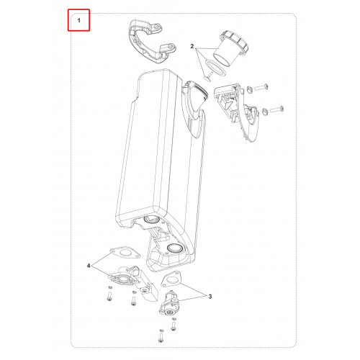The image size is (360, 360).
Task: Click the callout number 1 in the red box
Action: pyautogui.click(x=79, y=21)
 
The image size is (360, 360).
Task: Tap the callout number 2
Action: pyautogui.click(x=192, y=46)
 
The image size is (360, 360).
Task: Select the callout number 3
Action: pyautogui.click(x=210, y=297)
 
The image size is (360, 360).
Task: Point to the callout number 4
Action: pyautogui.click(x=89, y=266)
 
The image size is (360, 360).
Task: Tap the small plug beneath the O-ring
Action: pyautogui.click(x=208, y=77)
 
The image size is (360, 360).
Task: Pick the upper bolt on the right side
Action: pyautogui.click(x=261, y=87)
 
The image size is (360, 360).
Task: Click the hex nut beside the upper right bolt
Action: pyautogui.click(x=249, y=90)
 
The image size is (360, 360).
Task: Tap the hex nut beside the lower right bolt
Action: pyautogui.click(x=265, y=111)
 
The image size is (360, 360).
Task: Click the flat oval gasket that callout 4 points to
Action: pyautogui.click(x=125, y=253)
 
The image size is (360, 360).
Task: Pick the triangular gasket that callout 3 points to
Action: pyautogui.click(x=171, y=279)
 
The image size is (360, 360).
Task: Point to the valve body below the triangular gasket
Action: pyautogui.click(x=169, y=303)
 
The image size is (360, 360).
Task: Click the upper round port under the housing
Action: pyautogui.click(x=150, y=219)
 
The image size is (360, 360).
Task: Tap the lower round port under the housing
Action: pyautogui.click(x=175, y=248)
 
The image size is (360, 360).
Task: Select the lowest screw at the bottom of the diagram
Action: pyautogui.click(x=161, y=337)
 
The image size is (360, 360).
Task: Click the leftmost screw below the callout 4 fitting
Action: pyautogui.click(x=109, y=296)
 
